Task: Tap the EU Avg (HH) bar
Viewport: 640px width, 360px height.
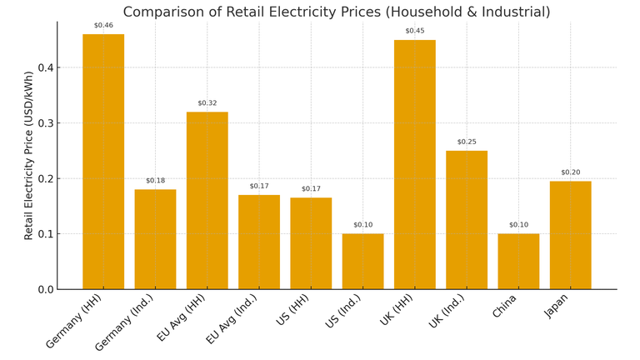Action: pyautogui.click(x=207, y=200)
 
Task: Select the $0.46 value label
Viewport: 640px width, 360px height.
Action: pyautogui.click(x=103, y=26)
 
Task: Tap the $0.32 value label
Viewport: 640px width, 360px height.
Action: pyautogui.click(x=207, y=103)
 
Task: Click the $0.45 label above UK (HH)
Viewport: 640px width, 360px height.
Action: pyautogui.click(x=414, y=32)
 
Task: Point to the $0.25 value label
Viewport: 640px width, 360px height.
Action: pyautogui.click(x=467, y=142)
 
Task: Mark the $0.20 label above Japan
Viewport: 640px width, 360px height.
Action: pyautogui.click(x=570, y=172)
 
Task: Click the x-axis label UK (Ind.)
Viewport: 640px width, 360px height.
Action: pyautogui.click(x=447, y=310)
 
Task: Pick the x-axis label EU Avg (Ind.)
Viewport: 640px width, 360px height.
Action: pyautogui.click(x=231, y=319)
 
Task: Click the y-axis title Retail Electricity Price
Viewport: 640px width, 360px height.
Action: pyautogui.click(x=29, y=156)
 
